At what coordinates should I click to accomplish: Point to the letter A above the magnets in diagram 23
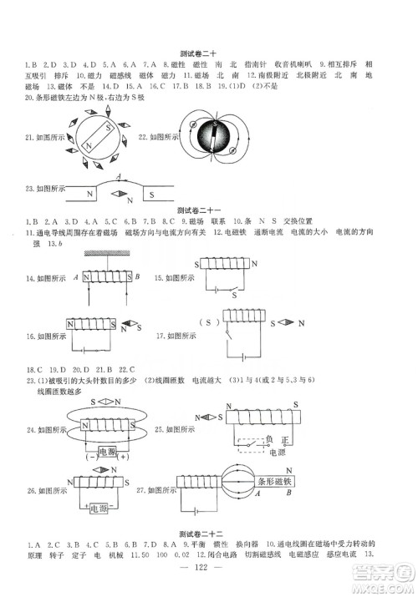pos(119,175)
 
